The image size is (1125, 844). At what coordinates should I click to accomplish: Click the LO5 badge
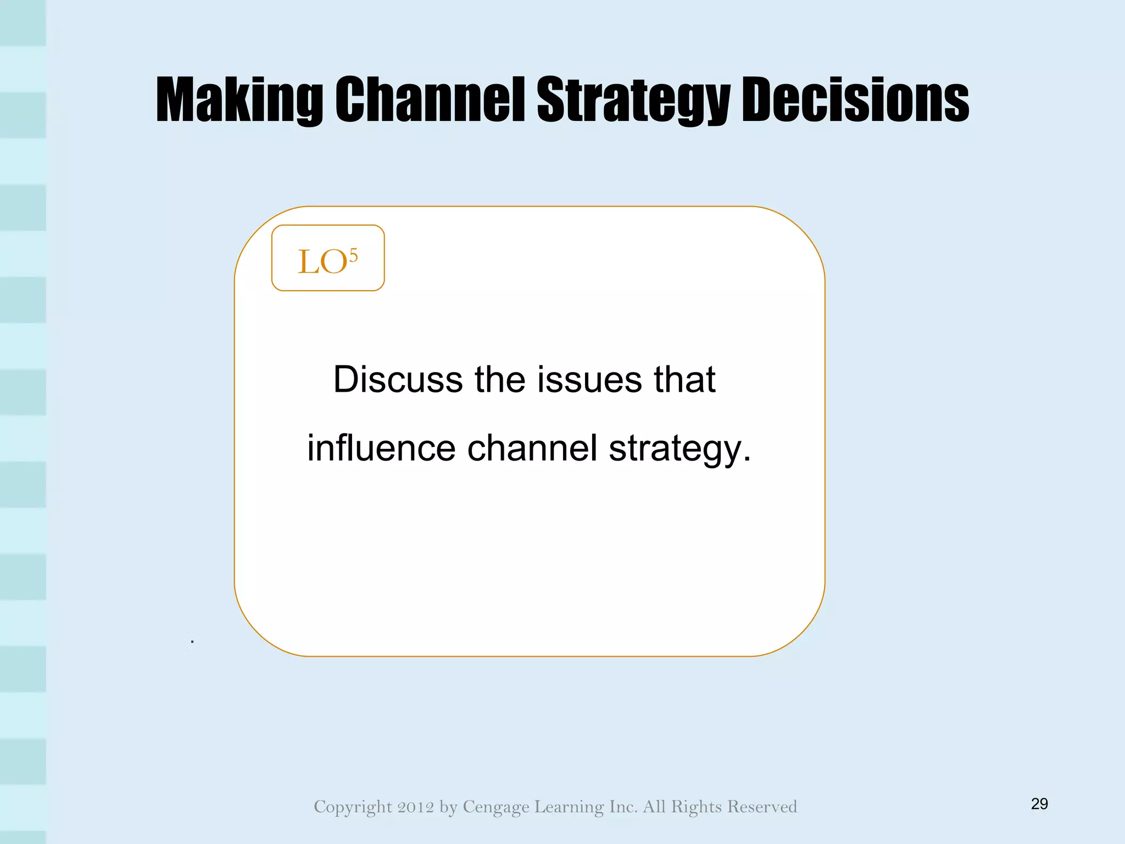328,258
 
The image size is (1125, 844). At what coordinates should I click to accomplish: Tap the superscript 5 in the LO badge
353,255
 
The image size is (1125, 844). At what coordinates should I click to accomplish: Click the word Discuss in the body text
398,379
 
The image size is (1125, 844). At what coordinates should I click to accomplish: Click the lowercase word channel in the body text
532,448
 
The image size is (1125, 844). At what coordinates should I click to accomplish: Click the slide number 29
1039,804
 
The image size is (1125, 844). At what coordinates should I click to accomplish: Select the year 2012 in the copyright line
416,807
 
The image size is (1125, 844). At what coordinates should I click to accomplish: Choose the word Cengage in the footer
496,807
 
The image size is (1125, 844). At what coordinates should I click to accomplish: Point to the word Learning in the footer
569,807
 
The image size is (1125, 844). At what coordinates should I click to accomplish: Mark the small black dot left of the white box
192,641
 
